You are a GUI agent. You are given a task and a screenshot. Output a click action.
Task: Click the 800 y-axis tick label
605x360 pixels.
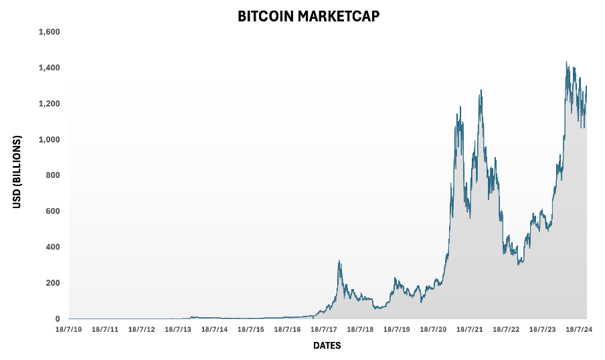tap(54, 175)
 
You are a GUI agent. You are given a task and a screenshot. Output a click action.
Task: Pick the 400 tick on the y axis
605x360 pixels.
tap(54, 247)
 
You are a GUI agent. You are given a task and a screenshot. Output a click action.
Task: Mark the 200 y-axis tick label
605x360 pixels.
tap(54, 283)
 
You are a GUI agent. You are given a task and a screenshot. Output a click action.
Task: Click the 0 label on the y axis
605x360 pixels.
tap(58, 319)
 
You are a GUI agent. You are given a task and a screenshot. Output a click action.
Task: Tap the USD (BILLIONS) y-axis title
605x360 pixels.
tap(17, 172)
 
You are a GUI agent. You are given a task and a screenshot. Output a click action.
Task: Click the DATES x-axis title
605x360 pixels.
tap(327, 346)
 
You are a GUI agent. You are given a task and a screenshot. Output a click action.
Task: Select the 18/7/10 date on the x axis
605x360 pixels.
tap(69, 330)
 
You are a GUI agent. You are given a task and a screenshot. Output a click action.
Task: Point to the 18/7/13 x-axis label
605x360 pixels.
tap(178, 330)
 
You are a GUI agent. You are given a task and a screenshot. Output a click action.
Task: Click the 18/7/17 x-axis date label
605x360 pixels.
tap(324, 330)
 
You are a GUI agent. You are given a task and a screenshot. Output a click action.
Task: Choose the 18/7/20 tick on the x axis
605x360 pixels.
tap(433, 330)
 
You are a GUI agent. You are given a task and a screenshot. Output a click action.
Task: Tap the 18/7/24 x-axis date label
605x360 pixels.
tap(578, 330)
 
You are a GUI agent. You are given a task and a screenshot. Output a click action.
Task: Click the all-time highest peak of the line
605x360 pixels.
tap(566, 62)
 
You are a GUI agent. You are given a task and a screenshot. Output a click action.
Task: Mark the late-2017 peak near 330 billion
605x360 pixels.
tap(339, 260)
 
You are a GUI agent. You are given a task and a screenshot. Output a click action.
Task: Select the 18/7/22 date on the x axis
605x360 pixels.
tap(506, 330)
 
